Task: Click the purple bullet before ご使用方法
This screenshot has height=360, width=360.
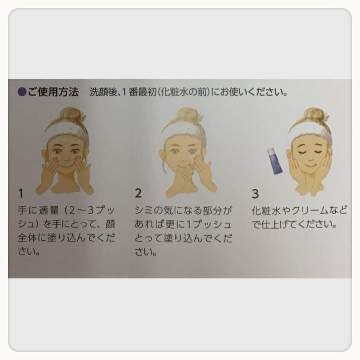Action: coord(22,92)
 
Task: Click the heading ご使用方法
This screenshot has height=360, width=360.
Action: coord(53,92)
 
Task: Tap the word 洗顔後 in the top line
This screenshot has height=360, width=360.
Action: coord(103,92)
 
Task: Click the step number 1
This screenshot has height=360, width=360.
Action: coord(21,194)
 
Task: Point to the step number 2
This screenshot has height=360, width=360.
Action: coord(138,193)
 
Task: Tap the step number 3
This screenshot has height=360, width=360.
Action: coord(255,194)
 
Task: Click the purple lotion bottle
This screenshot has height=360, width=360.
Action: coord(275,161)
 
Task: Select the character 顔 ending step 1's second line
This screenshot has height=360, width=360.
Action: coord(110,224)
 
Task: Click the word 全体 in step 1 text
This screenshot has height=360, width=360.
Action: coord(27,238)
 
